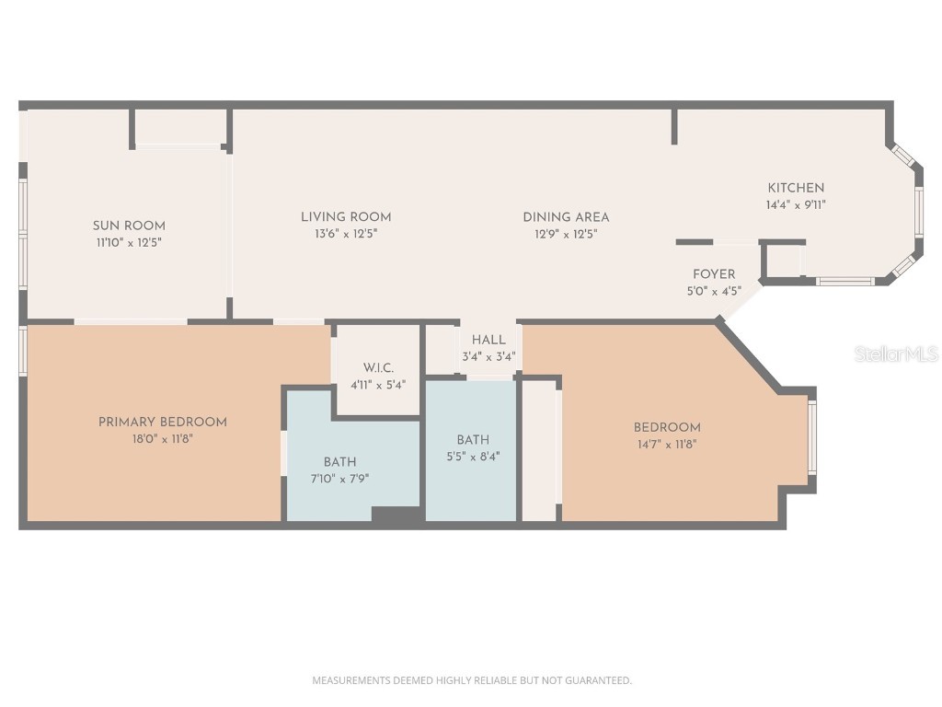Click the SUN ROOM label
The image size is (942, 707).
click(129, 226)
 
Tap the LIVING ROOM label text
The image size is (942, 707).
click(346, 217)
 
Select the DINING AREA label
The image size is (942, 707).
click(566, 217)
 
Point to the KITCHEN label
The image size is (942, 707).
click(796, 188)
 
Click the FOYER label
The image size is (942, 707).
click(714, 274)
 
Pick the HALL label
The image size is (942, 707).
click(488, 340)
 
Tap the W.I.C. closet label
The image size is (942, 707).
click(377, 368)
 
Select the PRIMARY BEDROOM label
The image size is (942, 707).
click(162, 422)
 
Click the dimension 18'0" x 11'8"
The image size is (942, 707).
click(162, 439)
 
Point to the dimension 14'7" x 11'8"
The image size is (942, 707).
click(667, 444)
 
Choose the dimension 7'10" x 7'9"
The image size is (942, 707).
click(339, 479)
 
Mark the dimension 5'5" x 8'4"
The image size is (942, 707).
click(473, 456)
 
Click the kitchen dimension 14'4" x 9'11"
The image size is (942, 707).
click(796, 205)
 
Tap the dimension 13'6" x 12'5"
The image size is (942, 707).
click(346, 234)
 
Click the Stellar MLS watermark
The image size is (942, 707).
click(895, 353)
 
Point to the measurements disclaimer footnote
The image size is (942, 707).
click(472, 680)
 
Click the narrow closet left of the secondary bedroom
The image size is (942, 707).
click(540, 451)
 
